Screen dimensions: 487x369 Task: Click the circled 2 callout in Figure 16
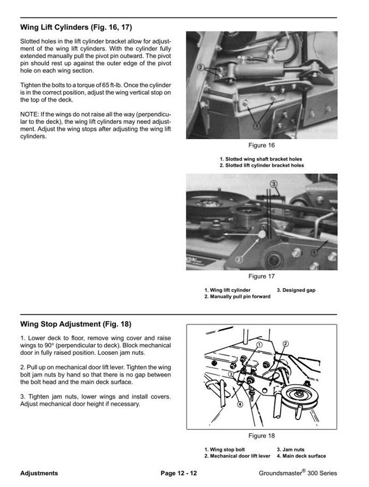coord(200,67)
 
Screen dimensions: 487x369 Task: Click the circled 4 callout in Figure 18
coord(239,405)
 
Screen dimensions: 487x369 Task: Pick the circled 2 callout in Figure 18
coord(286,344)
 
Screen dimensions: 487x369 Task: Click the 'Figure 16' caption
coord(262,146)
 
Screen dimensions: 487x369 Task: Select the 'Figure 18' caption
coord(262,436)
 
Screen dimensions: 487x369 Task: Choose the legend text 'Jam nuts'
coord(293,450)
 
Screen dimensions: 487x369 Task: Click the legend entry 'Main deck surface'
coord(304,456)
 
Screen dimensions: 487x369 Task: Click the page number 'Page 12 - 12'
coord(179,473)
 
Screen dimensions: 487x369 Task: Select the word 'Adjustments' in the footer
coord(39,473)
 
